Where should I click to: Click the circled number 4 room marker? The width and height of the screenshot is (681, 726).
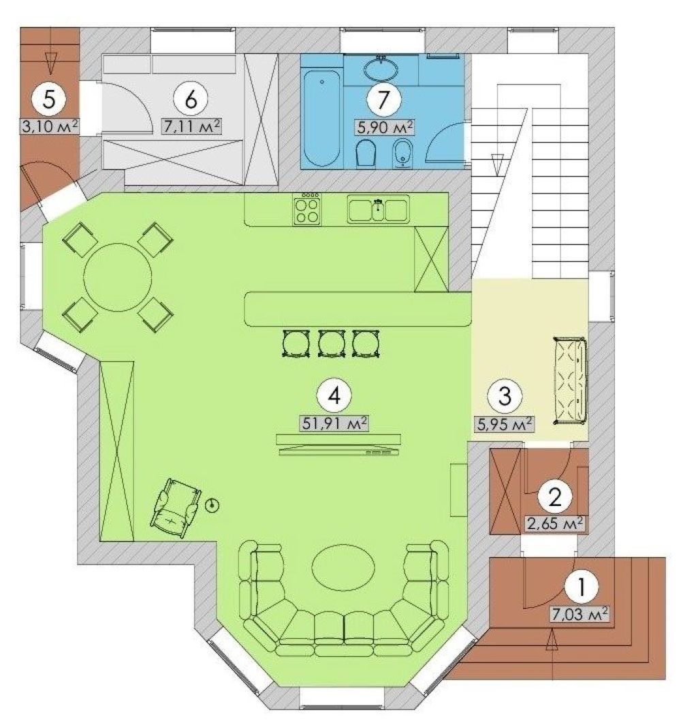click(334, 396)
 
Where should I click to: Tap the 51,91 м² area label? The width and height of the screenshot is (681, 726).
click(335, 423)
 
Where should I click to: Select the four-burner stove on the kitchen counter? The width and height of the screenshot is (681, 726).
click(306, 210)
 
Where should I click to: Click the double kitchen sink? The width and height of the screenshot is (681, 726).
click(379, 209)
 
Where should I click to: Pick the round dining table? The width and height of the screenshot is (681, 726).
click(118, 278)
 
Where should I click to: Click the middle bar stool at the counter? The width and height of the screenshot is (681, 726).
click(332, 343)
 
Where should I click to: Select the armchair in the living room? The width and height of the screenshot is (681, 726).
click(176, 507)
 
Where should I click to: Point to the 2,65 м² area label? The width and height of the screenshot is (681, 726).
click(554, 524)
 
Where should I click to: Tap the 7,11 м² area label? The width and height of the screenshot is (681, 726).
click(191, 126)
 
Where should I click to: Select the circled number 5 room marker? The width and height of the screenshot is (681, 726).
click(48, 99)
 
